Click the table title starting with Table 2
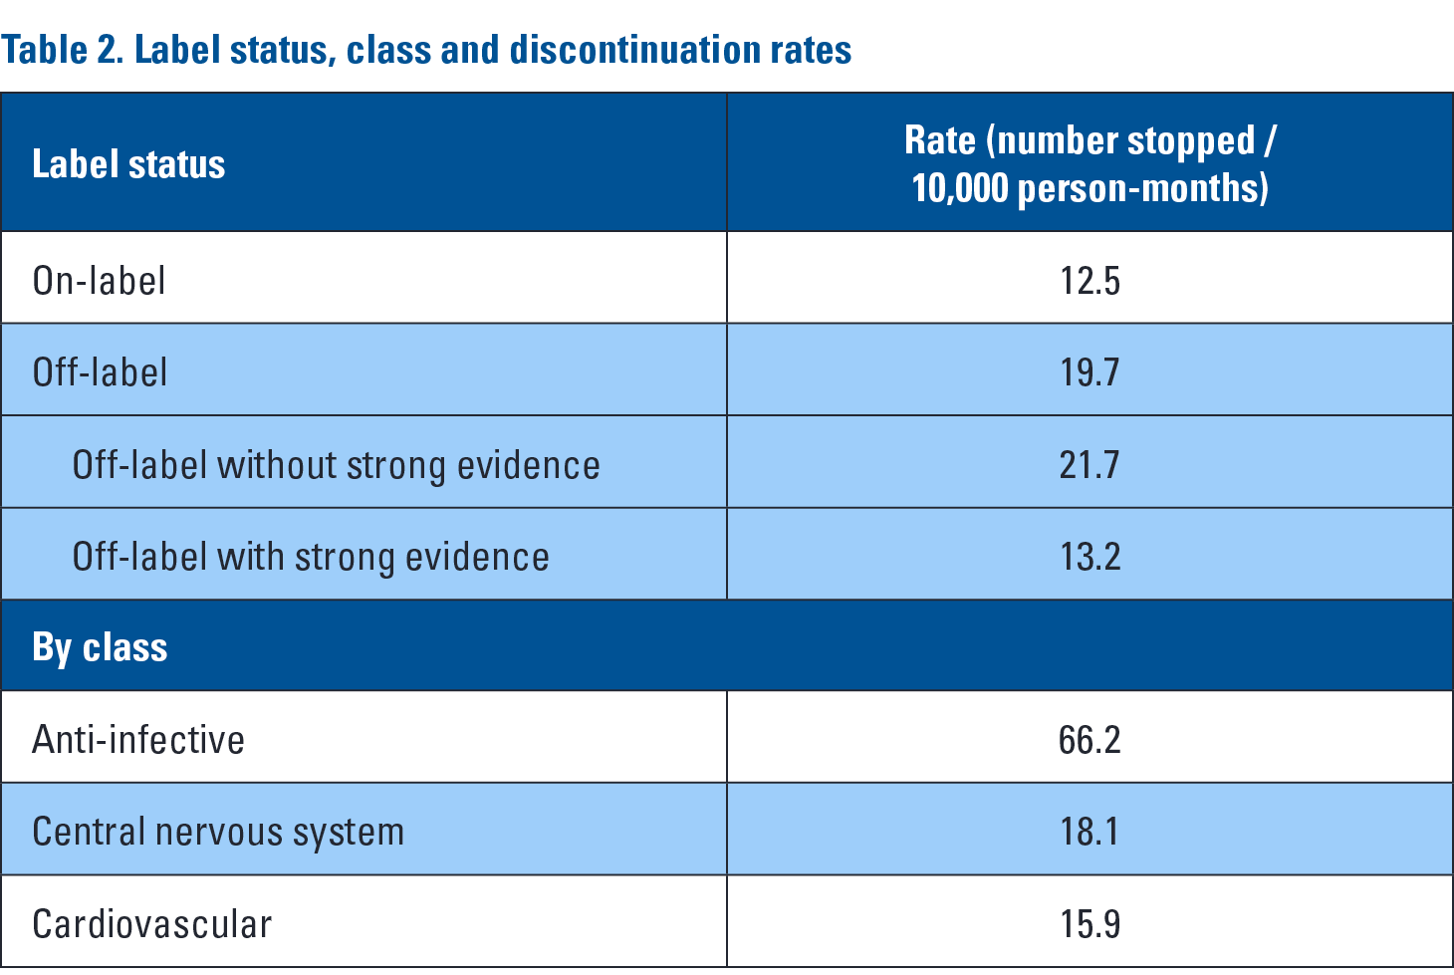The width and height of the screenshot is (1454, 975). (x=426, y=50)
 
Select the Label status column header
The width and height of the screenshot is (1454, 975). (x=128, y=164)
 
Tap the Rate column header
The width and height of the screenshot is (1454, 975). (x=1090, y=164)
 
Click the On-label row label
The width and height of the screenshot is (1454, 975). (x=99, y=281)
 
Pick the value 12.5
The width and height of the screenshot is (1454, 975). (x=1090, y=281)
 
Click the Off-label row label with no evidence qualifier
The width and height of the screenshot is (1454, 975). (x=100, y=372)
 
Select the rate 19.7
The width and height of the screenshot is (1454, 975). (x=1090, y=372)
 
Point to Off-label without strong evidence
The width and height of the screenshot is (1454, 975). (x=336, y=465)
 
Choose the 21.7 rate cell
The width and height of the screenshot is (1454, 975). (x=1090, y=465)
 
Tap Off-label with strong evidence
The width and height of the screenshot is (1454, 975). (x=311, y=557)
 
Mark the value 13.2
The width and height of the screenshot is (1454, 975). (x=1090, y=557)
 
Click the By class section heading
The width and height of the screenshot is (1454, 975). (x=100, y=647)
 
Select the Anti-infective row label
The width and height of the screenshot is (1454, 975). (x=138, y=740)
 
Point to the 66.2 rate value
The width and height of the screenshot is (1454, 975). (x=1090, y=740)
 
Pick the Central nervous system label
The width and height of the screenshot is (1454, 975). (x=218, y=832)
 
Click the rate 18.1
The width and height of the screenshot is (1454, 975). (x=1090, y=832)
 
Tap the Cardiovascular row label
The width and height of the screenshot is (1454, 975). (x=151, y=924)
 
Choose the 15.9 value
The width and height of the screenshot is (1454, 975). (x=1090, y=924)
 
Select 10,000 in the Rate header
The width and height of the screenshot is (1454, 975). (x=959, y=188)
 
